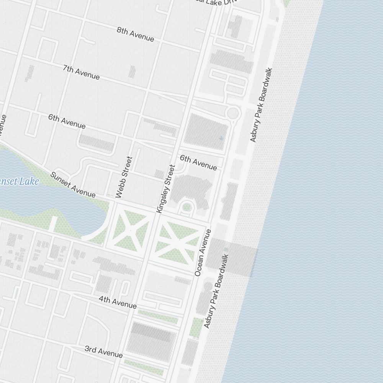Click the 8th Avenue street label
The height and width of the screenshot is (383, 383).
pos(135,34)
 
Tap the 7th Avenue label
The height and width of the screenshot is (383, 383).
pos(81,72)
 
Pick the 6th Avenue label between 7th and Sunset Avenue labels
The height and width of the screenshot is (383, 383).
pos(67,121)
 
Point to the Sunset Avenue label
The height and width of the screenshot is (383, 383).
pos(73,185)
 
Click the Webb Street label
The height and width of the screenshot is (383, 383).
pos(124,177)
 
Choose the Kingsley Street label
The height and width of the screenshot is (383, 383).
pos(165,189)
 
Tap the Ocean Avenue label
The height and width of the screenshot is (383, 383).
pos(203,253)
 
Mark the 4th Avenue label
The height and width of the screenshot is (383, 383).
pos(117,302)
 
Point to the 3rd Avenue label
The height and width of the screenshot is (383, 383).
pos(103,352)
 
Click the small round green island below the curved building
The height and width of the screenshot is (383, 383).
pos(187,207)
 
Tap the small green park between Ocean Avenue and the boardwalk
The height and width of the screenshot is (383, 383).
pos(196,327)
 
